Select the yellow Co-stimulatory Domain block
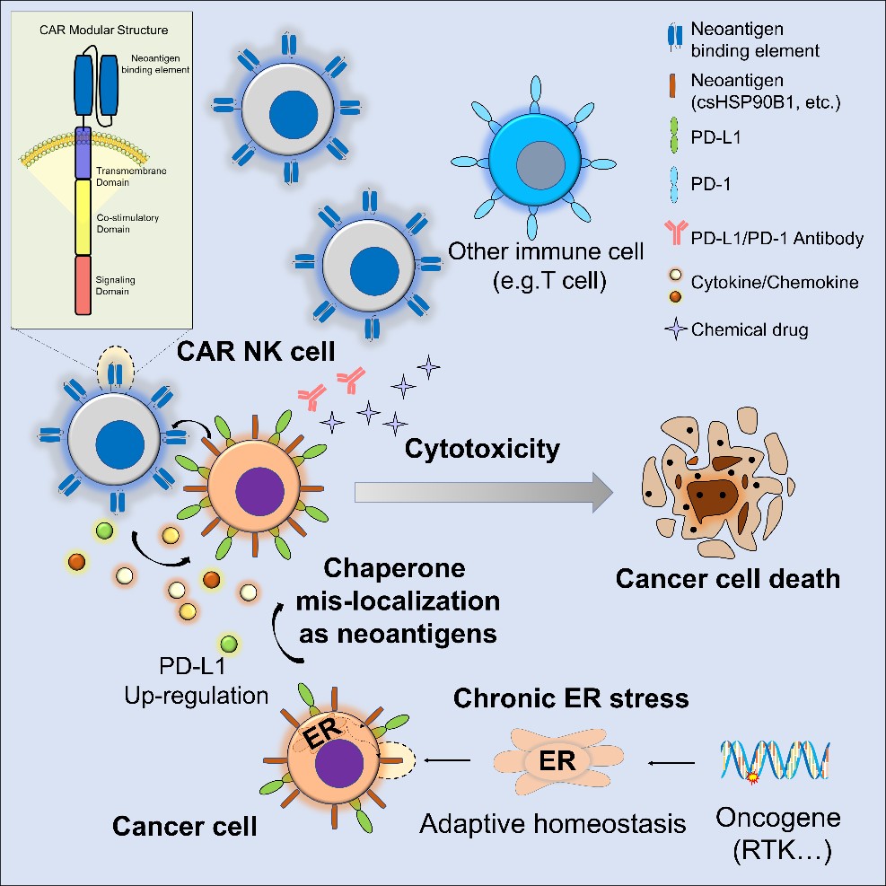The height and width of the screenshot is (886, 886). click(83, 216)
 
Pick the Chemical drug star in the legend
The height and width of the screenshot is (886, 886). click(667, 329)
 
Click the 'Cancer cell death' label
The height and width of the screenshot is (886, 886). click(728, 577)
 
